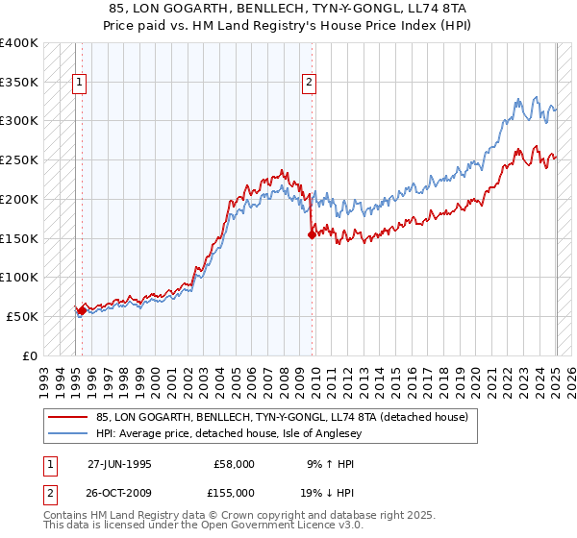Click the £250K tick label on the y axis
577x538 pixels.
pyautogui.click(x=19, y=159)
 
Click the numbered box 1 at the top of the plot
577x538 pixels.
pyautogui.click(x=78, y=83)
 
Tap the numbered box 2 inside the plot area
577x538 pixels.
pyautogui.click(x=309, y=83)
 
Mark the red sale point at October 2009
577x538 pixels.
pyautogui.click(x=312, y=233)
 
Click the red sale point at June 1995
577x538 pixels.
pyautogui.click(x=82, y=309)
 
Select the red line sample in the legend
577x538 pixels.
pyautogui.click(x=67, y=417)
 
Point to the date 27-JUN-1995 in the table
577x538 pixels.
pyautogui.click(x=119, y=464)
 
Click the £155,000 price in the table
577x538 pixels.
pyautogui.click(x=235, y=492)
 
